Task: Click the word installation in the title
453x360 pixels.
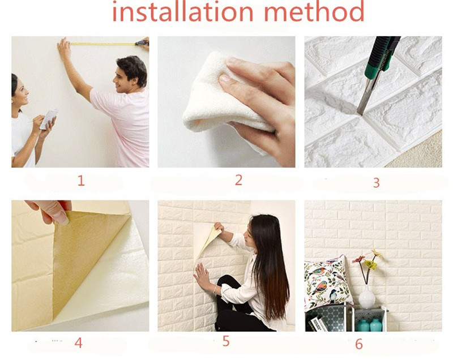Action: (182, 11)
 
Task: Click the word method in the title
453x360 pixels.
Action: (314, 11)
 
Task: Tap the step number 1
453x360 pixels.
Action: (81, 181)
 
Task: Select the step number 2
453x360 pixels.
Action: (238, 180)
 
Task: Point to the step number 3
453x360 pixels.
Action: (376, 182)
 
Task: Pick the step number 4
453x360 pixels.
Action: (79, 342)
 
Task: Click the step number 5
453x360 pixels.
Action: (226, 341)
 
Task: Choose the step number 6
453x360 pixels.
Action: (359, 344)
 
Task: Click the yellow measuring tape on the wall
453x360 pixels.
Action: (102, 44)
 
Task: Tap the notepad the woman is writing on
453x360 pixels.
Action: (49, 119)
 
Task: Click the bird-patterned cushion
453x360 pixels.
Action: (328, 281)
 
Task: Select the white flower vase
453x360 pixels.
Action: (367, 297)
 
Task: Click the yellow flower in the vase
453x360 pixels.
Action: (370, 264)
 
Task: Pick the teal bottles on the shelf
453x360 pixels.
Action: (370, 325)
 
